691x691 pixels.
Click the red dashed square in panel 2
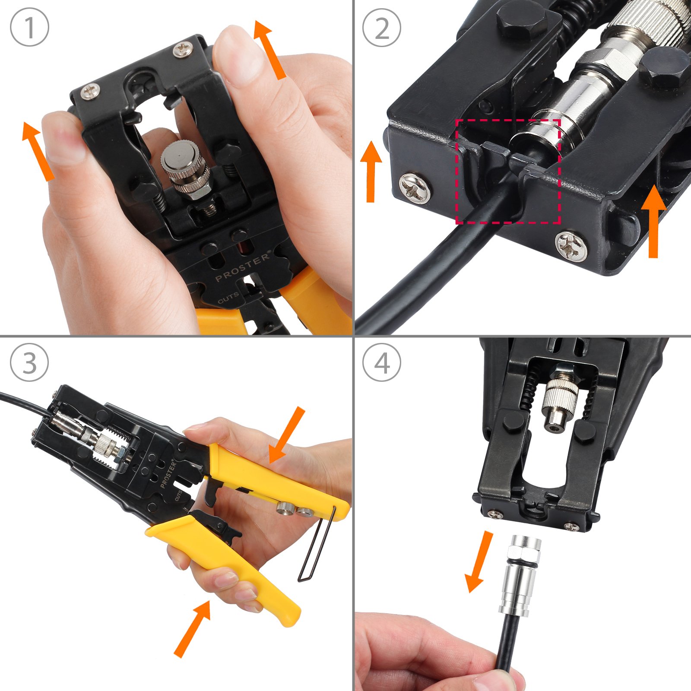(508, 171)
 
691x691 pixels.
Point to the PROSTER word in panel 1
(242, 266)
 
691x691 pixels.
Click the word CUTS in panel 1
(228, 298)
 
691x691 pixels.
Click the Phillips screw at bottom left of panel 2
(415, 187)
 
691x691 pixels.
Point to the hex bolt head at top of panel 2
(522, 19)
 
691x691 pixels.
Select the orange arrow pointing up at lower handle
(192, 628)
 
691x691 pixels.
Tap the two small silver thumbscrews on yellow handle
(295, 510)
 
